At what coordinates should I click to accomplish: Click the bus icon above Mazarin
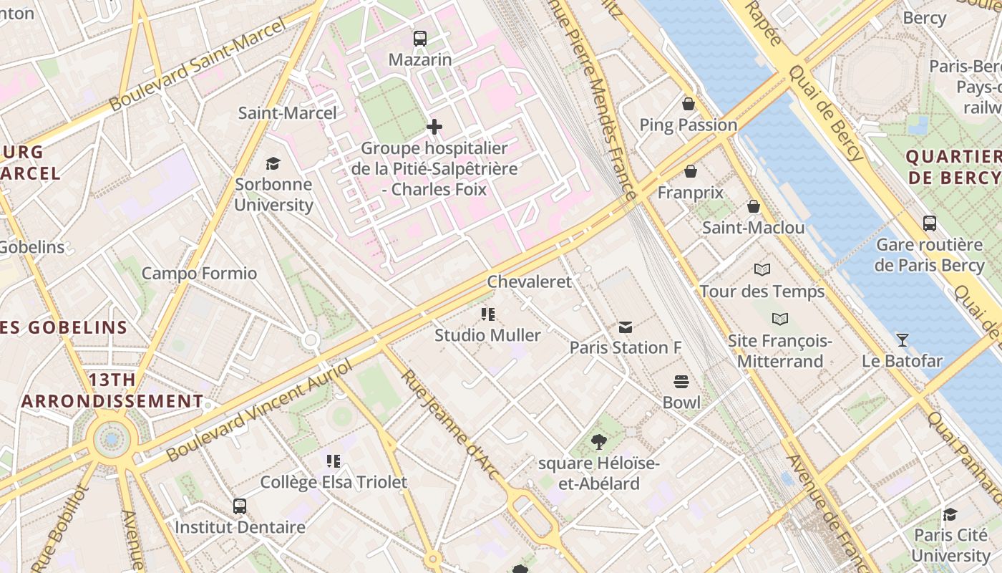(x=420, y=39)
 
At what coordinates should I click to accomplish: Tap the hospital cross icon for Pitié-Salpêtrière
(x=434, y=127)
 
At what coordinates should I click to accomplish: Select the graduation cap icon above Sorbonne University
(x=273, y=163)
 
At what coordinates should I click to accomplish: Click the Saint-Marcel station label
(x=287, y=113)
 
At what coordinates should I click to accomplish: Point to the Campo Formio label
(x=199, y=273)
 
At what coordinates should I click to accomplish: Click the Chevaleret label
(x=530, y=281)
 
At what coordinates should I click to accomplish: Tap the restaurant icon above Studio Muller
(x=488, y=314)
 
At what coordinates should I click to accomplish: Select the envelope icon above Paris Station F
(x=625, y=327)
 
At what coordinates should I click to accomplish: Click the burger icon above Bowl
(x=681, y=382)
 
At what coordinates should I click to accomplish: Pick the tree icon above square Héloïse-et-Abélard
(x=599, y=442)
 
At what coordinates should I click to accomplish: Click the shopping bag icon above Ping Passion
(x=688, y=104)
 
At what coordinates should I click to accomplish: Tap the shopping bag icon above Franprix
(x=691, y=171)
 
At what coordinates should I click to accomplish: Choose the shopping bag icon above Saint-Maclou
(x=753, y=207)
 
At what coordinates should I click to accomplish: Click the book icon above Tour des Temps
(x=762, y=270)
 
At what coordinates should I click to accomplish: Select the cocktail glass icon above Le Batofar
(x=902, y=340)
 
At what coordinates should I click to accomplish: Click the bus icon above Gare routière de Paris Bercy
(x=929, y=223)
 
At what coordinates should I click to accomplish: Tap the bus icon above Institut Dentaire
(x=240, y=506)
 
